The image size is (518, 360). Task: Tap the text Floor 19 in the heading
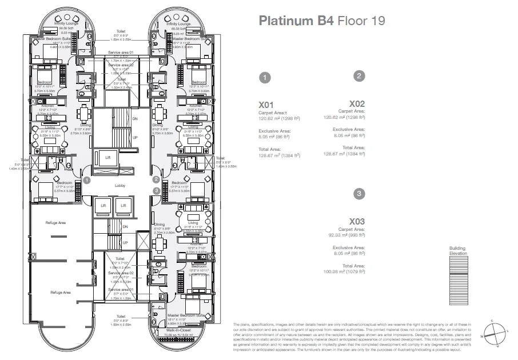362,21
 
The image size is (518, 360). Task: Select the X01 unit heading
268,105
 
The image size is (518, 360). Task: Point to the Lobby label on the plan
120,186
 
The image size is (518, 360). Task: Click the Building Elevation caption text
457,251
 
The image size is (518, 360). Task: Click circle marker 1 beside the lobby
86,179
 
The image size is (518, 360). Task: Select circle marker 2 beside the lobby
156,179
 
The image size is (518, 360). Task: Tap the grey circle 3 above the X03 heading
358,194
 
